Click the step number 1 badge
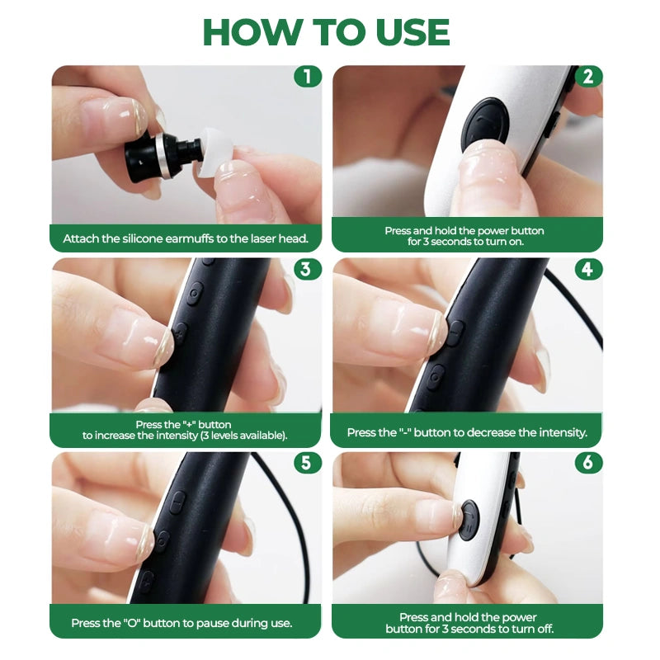tap(307, 78)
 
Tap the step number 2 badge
tap(588, 78)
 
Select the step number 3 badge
tap(307, 269)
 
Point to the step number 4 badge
tap(588, 269)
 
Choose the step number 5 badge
tap(307, 463)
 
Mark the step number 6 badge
tap(588, 463)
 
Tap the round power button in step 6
tap(469, 520)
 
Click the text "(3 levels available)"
tap(239, 436)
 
